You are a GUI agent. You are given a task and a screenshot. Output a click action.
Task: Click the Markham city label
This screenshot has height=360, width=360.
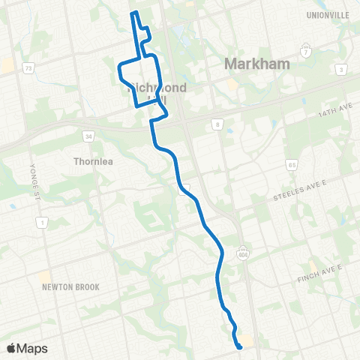pyautogui.click(x=256, y=64)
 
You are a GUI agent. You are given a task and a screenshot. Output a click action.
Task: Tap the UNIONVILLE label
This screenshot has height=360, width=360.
pyautogui.click(x=328, y=14)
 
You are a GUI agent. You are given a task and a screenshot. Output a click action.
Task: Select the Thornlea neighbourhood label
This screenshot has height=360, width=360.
pyautogui.click(x=93, y=160)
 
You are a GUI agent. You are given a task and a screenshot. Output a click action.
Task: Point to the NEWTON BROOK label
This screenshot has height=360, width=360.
pyautogui.click(x=70, y=286)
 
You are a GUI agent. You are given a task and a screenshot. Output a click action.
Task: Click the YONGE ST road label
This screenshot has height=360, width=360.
pyautogui.click(x=32, y=177)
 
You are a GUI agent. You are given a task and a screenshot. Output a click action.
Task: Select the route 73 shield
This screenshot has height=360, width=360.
pyautogui.click(x=28, y=68)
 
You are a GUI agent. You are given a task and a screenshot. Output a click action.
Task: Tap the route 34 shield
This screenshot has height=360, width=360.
pyautogui.click(x=88, y=136)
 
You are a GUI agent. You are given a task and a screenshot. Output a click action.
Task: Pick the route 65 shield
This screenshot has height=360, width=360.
pyautogui.click(x=292, y=164)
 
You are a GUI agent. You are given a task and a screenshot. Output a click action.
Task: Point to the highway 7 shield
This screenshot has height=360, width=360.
pyautogui.click(x=305, y=52)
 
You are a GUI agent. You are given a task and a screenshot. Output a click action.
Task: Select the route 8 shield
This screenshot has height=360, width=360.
pyautogui.click(x=218, y=124)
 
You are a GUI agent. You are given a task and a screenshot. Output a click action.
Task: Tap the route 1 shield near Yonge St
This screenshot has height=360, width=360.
pyautogui.click(x=42, y=223)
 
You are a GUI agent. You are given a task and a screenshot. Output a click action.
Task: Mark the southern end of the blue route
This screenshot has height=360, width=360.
pyautogui.click(x=239, y=346)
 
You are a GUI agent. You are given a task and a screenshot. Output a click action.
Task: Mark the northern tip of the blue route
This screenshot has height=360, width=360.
pyautogui.click(x=133, y=13)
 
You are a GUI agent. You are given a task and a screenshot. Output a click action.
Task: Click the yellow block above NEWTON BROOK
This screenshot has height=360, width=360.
pyautogui.click(x=46, y=277)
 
